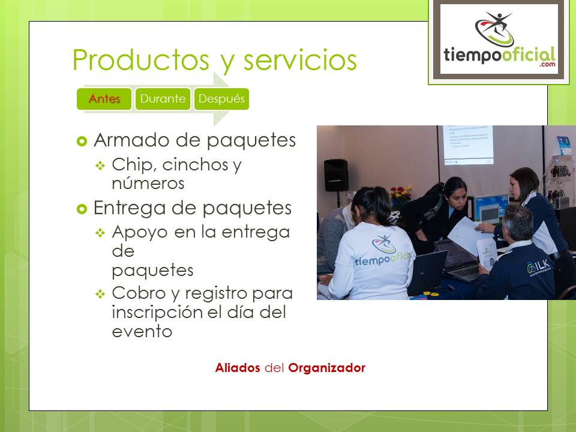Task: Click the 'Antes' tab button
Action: [x=104, y=99]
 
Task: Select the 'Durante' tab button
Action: [x=163, y=99]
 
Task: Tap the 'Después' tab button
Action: [x=221, y=99]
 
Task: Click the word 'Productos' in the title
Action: [x=141, y=60]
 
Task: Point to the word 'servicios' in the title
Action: [x=300, y=60]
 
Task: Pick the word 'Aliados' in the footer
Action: [x=238, y=368]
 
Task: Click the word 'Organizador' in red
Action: [x=326, y=368]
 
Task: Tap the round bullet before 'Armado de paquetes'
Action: [x=82, y=141]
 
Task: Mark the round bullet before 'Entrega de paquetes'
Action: [x=82, y=209]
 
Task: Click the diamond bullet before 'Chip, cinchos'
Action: [x=100, y=166]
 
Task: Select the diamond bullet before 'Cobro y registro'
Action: [x=100, y=294]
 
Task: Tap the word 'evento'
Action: [x=142, y=331]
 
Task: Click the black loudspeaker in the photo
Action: [x=336, y=175]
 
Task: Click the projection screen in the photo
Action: [x=467, y=145]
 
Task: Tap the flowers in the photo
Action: [x=400, y=194]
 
